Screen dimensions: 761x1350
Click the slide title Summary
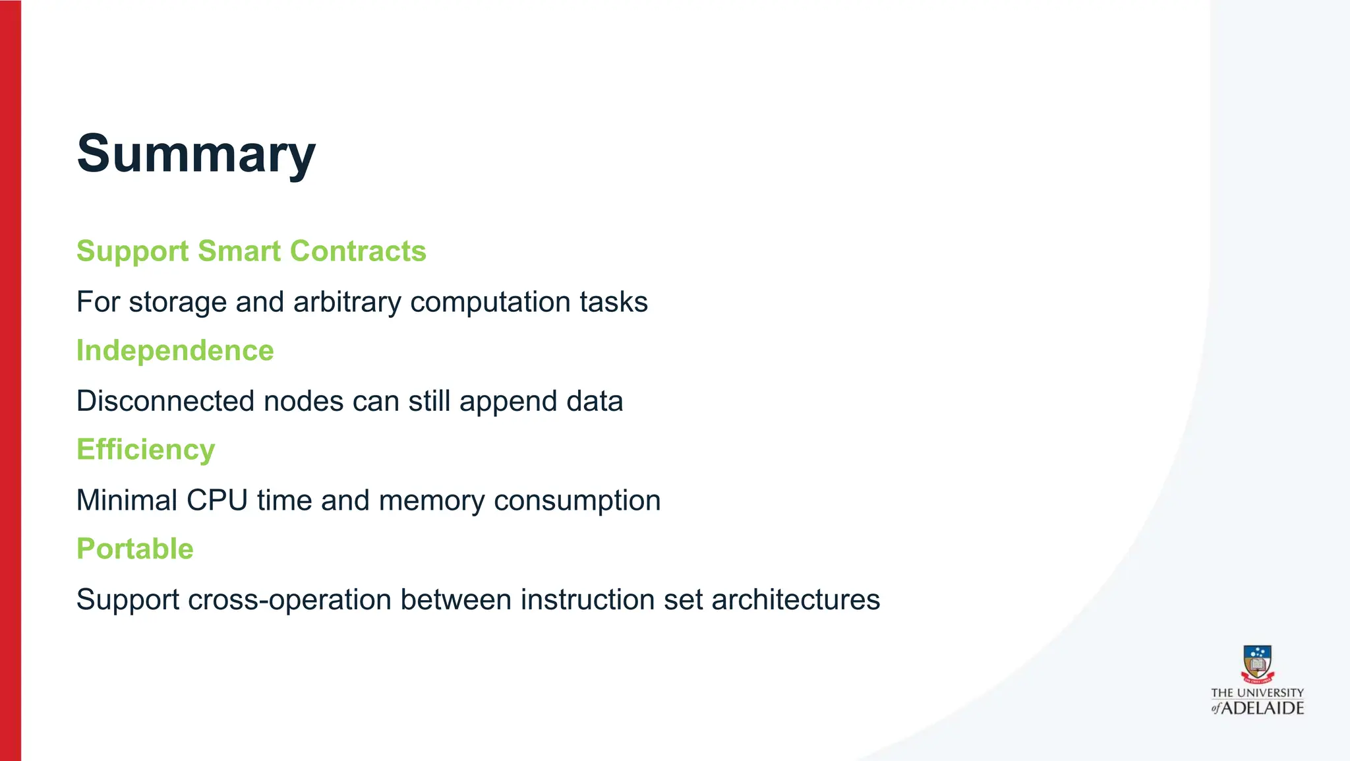click(x=196, y=154)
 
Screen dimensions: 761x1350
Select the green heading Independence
click(x=175, y=350)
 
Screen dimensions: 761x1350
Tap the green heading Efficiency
click(x=146, y=450)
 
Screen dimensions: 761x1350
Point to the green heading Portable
click(x=134, y=549)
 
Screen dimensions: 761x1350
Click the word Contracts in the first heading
click(x=358, y=251)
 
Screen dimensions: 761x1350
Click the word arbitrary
click(x=347, y=302)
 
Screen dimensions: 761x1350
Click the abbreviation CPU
click(x=217, y=501)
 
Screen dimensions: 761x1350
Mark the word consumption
click(x=577, y=501)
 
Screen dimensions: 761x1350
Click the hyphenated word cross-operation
click(x=289, y=600)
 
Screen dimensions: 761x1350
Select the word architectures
click(x=795, y=600)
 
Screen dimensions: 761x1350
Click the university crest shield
click(x=1257, y=662)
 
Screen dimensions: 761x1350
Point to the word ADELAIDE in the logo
click(x=1262, y=708)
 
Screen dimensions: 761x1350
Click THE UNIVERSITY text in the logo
click(x=1257, y=693)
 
